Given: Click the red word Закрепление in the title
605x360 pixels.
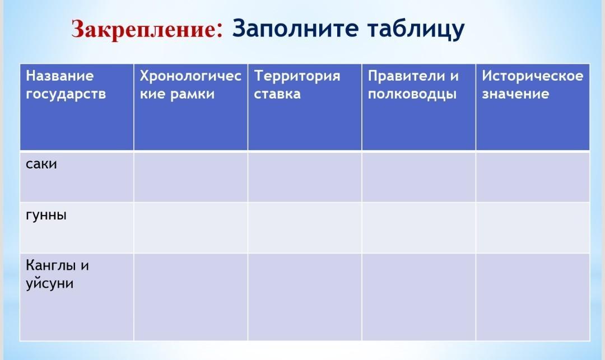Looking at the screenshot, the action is point(147,29).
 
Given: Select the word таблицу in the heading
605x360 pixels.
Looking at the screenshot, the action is point(416,29).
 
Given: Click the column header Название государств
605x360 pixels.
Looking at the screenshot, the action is point(66,85).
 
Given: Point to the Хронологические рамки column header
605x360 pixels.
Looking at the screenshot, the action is point(190,85).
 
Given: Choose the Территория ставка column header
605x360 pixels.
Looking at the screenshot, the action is point(297,85).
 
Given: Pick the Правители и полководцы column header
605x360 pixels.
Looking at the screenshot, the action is point(413,85).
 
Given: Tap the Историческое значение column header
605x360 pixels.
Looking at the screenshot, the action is point(533,85).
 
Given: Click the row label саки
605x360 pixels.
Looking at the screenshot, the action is point(41,164).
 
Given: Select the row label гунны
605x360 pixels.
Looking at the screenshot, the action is point(46,215).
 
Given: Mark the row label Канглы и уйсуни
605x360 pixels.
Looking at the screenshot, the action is point(57,274).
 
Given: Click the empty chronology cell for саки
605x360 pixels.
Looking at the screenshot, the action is point(190,177).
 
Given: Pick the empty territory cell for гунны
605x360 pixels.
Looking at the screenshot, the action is point(305,228).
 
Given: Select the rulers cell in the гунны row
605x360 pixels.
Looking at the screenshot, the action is point(418,228).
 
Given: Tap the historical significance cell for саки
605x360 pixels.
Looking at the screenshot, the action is point(533,177).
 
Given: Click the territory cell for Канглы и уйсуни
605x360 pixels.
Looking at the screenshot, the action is point(305,297).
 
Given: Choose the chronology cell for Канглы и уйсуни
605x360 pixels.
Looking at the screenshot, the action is point(190,297).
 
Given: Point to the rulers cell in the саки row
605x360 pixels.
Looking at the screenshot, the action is point(418,177).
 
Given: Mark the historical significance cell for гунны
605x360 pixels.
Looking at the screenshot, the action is point(533,228).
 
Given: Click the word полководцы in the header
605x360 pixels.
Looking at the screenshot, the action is point(412,94).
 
